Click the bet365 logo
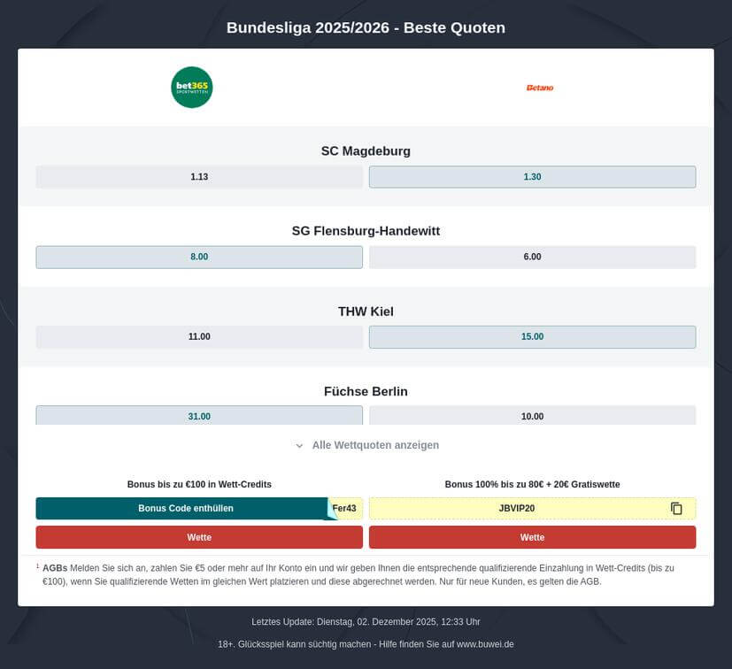[192, 88]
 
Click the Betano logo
[539, 88]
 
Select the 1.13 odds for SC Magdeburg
[199, 177]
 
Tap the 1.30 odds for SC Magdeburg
[532, 177]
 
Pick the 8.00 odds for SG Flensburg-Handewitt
[199, 257]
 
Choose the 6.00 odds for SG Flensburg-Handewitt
[532, 257]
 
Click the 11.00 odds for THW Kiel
[199, 337]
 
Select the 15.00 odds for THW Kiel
[532, 337]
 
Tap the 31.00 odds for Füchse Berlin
[199, 416]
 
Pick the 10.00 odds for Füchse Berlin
[532, 416]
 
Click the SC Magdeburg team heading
[366, 151]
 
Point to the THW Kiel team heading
[366, 311]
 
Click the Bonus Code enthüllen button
[186, 509]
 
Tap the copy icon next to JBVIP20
[677, 509]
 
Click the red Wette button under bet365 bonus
[199, 537]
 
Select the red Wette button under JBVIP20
[532, 537]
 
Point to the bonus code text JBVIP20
[517, 509]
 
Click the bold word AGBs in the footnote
[55, 567]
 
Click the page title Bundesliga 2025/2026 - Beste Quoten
[366, 27]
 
